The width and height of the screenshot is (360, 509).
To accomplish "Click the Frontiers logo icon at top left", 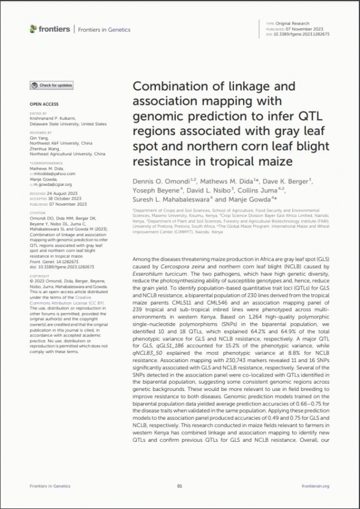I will (x=34, y=29).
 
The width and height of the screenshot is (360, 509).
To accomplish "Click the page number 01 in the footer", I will (x=179, y=486).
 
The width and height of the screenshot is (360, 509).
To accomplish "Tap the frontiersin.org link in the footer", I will (x=317, y=486).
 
